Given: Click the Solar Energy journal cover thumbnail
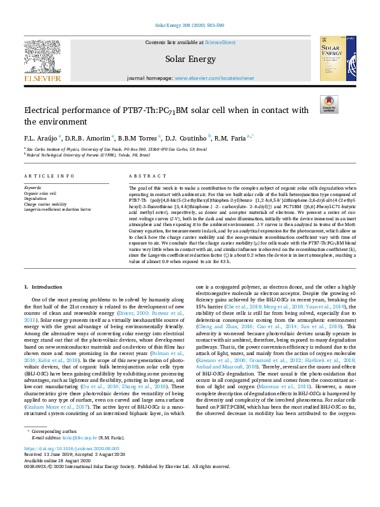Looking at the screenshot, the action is tap(333, 58).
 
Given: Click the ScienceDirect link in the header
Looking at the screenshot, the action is tap(220, 42).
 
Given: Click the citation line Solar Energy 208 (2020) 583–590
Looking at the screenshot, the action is tap(190, 26).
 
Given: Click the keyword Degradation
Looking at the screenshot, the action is tap(36, 199).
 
